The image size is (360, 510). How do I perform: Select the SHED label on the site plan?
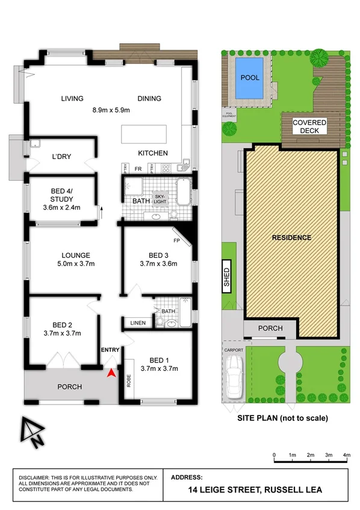tap(227, 276)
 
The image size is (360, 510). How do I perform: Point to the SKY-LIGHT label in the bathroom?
tap(159, 199)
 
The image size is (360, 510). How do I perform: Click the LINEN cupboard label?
tap(138, 323)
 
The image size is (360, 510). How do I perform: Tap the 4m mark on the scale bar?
tap(347, 455)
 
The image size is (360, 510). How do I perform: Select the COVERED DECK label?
tap(309, 126)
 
